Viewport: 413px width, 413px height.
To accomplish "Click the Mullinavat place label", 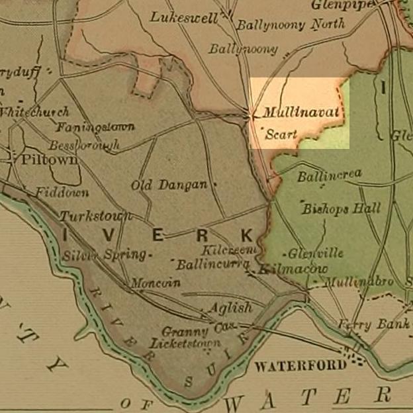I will (x=300, y=113).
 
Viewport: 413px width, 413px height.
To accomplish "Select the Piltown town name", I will (x=49, y=160).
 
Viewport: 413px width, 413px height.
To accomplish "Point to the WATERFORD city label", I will (x=300, y=365).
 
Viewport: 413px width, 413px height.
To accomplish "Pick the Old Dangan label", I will (x=169, y=185).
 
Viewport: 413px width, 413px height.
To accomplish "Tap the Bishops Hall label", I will (x=342, y=208).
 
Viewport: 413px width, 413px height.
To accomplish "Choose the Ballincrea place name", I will (x=329, y=175).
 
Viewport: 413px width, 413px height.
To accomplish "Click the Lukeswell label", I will (x=184, y=18).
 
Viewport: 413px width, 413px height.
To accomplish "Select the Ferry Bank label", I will (x=365, y=324).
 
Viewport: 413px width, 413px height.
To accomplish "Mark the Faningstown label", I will (x=95, y=126).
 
